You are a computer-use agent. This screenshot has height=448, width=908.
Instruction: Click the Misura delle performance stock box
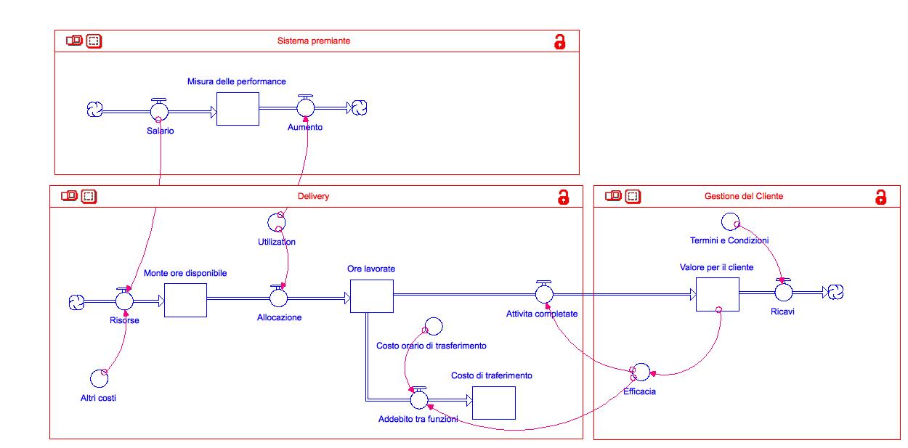[x=238, y=109]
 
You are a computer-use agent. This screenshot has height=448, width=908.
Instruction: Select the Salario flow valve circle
[x=159, y=111]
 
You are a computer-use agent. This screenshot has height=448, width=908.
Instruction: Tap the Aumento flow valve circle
[x=305, y=107]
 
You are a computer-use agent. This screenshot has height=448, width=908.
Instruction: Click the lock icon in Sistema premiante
[x=559, y=41]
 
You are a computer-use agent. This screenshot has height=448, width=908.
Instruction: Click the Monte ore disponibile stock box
[x=185, y=300]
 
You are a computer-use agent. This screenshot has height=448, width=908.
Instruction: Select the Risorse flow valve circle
[x=124, y=300]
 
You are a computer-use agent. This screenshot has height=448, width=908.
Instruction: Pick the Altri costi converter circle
[x=99, y=378]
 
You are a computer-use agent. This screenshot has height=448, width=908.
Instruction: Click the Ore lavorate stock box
[x=371, y=295]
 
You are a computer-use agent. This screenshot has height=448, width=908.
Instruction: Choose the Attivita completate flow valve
[x=544, y=294]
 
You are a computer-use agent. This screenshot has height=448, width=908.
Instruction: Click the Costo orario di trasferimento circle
[x=433, y=326]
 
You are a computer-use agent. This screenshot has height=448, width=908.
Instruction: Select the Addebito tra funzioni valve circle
[x=418, y=399]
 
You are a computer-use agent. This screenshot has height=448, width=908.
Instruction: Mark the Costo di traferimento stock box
[x=493, y=402]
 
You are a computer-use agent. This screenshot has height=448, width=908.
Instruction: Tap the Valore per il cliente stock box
[x=717, y=293]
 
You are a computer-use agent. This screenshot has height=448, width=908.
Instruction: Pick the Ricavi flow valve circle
[x=782, y=292]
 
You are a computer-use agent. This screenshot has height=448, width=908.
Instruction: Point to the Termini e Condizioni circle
[x=729, y=221]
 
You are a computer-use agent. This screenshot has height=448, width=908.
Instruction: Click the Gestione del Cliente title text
[x=744, y=196]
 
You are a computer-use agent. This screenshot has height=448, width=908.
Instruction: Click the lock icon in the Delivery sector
[x=562, y=197]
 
